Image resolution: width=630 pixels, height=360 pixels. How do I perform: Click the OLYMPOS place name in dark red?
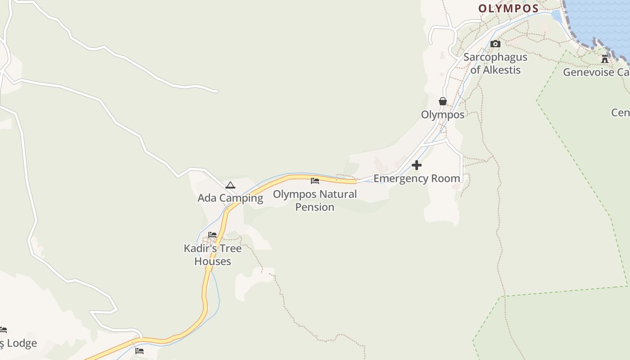click(x=508, y=9)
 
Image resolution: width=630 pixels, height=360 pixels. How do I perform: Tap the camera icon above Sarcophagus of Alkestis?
click(x=495, y=44)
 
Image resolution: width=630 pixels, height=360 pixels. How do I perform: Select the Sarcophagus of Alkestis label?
click(x=495, y=63)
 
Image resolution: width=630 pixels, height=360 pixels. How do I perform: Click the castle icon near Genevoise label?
click(x=605, y=58)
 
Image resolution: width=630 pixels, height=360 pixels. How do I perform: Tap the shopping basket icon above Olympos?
click(x=443, y=101)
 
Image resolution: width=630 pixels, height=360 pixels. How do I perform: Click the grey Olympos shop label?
click(x=443, y=115)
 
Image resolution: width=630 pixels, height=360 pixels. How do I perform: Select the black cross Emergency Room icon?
click(x=417, y=165)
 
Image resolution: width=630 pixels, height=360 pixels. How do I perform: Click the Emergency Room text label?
click(x=417, y=179)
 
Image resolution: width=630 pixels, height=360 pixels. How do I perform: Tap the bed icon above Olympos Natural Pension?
click(x=315, y=181)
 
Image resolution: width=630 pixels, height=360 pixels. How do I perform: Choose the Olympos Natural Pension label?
click(x=315, y=201)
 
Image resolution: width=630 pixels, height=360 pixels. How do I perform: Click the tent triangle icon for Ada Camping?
click(x=230, y=185)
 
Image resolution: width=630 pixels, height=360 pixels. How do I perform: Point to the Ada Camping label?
click(x=230, y=198)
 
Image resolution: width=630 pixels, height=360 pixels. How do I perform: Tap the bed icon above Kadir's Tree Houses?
click(x=212, y=235)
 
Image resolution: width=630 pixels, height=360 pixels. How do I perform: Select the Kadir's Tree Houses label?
click(x=212, y=255)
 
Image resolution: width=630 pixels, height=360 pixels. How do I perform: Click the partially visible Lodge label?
click(x=19, y=344)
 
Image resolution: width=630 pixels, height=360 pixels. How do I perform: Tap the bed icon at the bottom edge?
click(x=139, y=351)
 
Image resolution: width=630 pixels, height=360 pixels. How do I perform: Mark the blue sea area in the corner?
click(x=603, y=18)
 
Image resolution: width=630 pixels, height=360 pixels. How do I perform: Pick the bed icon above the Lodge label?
click(x=3, y=330)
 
